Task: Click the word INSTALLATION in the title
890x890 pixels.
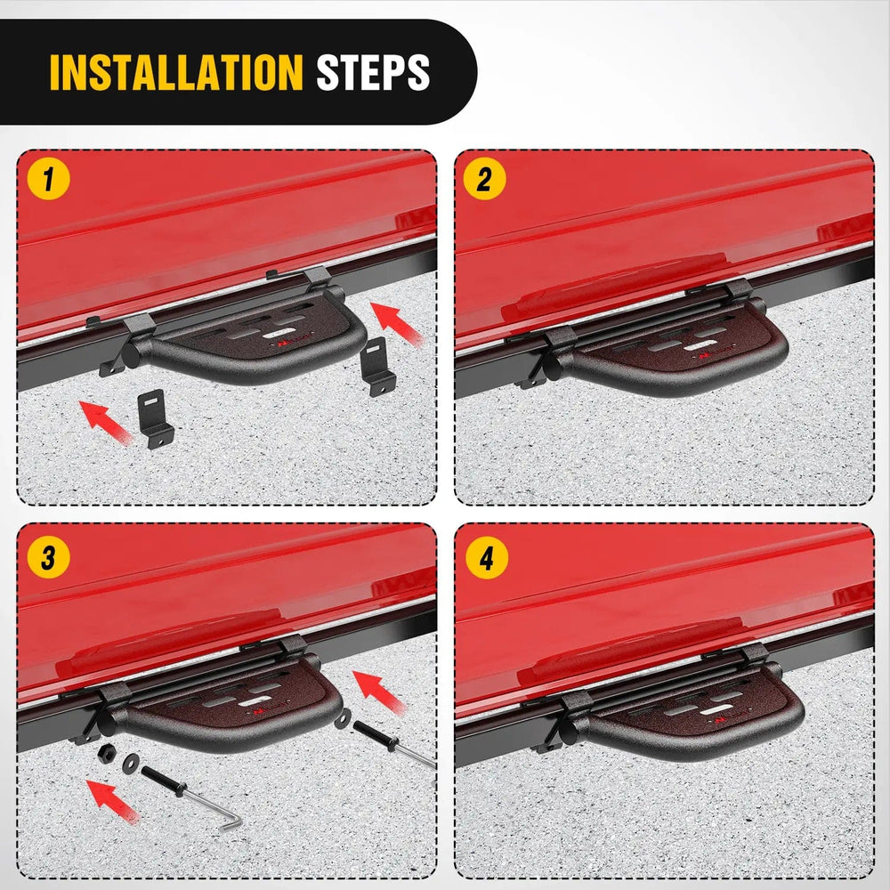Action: tap(176, 73)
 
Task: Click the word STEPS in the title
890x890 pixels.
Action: tap(373, 73)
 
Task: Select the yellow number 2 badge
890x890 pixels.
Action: tap(484, 181)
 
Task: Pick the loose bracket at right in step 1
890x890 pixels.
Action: tap(377, 366)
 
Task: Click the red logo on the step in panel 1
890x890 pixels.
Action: tap(283, 340)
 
